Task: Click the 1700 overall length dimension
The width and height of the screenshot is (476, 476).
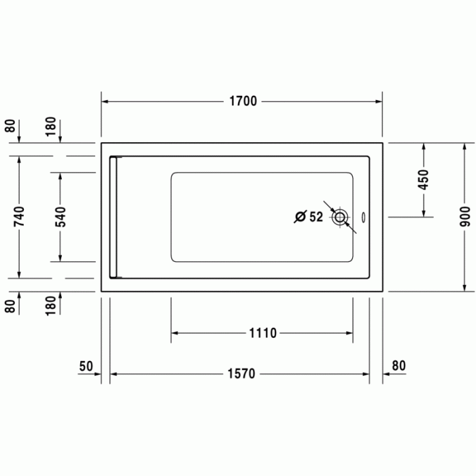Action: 243,101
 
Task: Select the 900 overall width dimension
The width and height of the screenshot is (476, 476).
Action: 464,216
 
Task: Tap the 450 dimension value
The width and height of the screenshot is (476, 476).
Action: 424,180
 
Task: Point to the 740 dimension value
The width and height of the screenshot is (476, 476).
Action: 20,216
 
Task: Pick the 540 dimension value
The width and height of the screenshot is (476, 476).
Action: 61,217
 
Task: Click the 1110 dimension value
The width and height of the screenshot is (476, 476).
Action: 263,333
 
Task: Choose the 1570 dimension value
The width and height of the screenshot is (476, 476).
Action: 241,374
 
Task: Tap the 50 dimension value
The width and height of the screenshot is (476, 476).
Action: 86,366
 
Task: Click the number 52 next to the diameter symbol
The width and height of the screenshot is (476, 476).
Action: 316,217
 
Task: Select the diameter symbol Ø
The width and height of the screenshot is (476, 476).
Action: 301,217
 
